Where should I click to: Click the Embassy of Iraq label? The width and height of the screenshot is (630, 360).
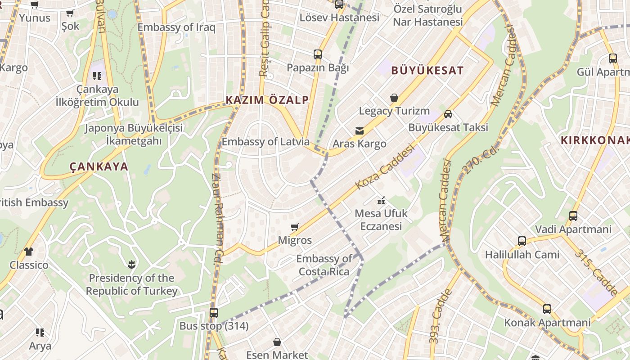click(x=176, y=27)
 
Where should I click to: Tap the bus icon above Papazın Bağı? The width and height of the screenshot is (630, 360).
click(x=318, y=54)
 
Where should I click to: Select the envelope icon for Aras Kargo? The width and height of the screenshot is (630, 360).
click(x=360, y=131)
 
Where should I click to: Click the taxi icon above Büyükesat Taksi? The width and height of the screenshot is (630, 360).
click(x=448, y=114)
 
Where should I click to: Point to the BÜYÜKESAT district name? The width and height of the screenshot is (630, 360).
click(x=427, y=71)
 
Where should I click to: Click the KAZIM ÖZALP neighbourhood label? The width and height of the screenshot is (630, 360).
click(x=267, y=100)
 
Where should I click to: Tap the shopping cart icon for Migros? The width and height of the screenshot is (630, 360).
click(x=295, y=227)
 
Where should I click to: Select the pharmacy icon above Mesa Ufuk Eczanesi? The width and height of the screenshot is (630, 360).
click(x=381, y=200)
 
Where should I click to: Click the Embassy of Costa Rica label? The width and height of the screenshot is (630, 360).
click(x=324, y=265)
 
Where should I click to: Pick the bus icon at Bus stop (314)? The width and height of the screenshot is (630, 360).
click(x=214, y=312)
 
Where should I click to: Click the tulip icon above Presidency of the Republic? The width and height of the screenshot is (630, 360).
click(x=131, y=264)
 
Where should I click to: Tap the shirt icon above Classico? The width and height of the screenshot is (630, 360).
click(x=29, y=251)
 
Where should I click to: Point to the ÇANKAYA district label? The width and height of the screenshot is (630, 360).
click(x=99, y=167)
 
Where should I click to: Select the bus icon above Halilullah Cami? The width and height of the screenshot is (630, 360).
click(x=522, y=241)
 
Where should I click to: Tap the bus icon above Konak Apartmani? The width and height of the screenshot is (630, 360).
click(x=547, y=309)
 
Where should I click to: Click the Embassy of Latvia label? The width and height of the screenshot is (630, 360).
click(x=265, y=142)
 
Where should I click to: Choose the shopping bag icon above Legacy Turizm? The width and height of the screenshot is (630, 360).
click(x=394, y=97)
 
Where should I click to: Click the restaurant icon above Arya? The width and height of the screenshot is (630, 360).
click(x=40, y=333)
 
